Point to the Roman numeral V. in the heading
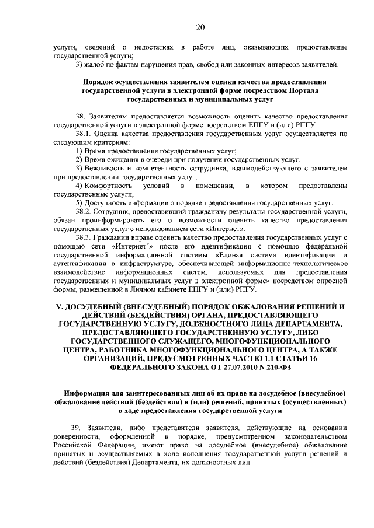(x=58, y=306)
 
